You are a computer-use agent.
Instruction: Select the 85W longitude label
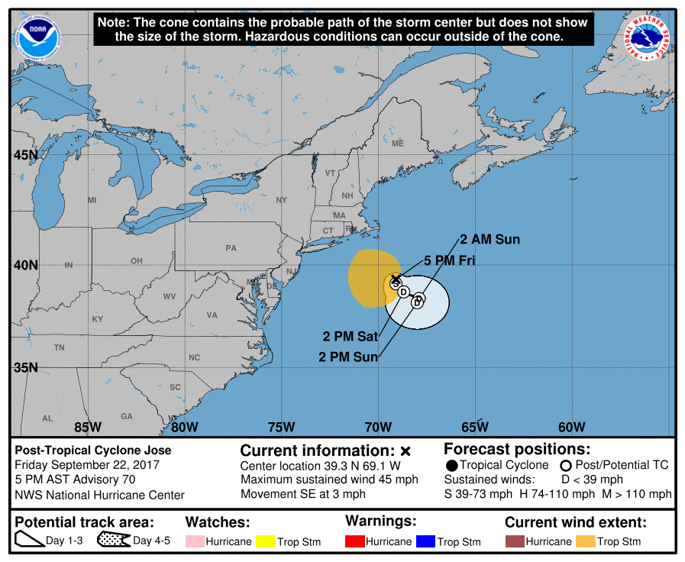[88, 427]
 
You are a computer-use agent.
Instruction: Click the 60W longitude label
[571, 427]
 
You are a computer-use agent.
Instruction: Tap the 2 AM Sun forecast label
[490, 240]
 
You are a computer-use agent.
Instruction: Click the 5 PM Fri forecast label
[450, 260]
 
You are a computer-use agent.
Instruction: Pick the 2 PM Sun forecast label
[348, 356]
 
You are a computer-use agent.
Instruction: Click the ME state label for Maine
[397, 144]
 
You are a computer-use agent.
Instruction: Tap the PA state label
[231, 248]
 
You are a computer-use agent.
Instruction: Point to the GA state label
[127, 416]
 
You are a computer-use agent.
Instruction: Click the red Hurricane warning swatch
[355, 541]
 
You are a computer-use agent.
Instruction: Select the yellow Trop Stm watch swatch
[264, 541]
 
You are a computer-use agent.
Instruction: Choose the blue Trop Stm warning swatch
[425, 541]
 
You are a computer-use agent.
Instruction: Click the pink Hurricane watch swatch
[195, 541]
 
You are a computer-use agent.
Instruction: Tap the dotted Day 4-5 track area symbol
[113, 541]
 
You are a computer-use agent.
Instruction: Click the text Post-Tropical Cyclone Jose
[93, 451]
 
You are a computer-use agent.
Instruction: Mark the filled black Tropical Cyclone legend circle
[452, 465]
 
